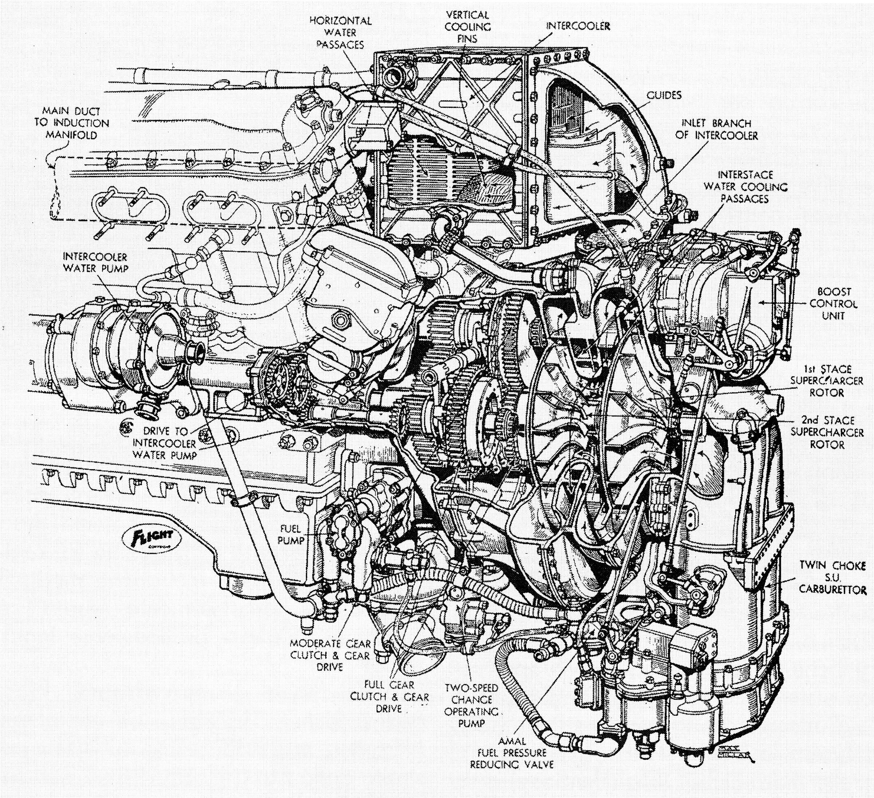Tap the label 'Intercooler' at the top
click(578, 26)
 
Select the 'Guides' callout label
click(664, 95)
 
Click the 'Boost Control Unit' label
click(833, 304)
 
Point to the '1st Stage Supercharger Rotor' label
click(827, 381)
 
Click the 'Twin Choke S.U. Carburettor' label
click(833, 577)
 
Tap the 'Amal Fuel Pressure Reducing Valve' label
click(512, 752)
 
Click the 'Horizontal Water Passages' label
click(340, 32)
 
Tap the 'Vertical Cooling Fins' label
click(468, 27)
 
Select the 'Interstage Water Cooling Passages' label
click(745, 187)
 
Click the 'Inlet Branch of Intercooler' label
click(716, 129)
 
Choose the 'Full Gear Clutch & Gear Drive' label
click(389, 696)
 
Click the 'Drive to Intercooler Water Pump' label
click(165, 443)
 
